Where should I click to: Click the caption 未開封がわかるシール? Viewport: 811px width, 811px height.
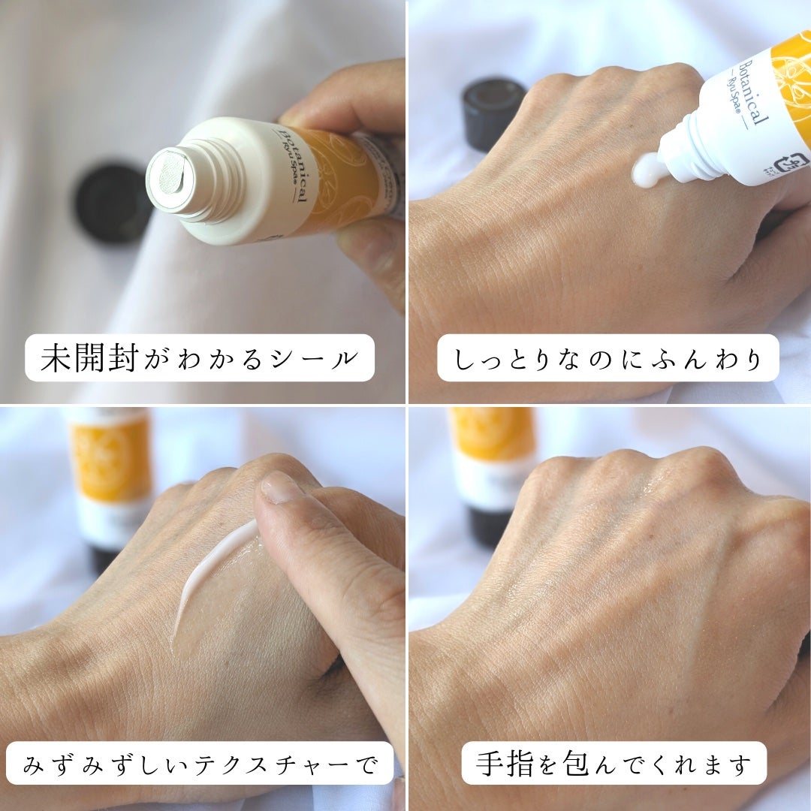pyautogui.click(x=200, y=358)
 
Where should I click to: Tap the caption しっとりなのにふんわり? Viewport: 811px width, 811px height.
pyautogui.click(x=607, y=358)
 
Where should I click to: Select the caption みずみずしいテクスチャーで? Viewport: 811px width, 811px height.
pyautogui.click(x=200, y=764)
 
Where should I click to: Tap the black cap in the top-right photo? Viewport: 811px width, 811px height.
pyautogui.click(x=493, y=113)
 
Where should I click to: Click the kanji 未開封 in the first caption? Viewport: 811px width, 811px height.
pyautogui.click(x=89, y=358)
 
